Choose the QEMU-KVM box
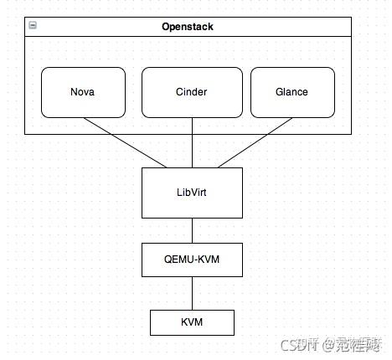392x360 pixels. (192, 260)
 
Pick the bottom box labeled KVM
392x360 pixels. (192, 321)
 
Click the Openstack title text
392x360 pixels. (188, 27)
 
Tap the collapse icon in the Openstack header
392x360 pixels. (32, 26)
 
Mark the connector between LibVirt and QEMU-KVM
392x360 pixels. (192, 230)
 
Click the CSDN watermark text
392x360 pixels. (296, 344)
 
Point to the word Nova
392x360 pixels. (83, 92)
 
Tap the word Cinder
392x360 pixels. (192, 92)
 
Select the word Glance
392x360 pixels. (292, 92)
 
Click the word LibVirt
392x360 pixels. (192, 192)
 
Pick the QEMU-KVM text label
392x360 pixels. (192, 260)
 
